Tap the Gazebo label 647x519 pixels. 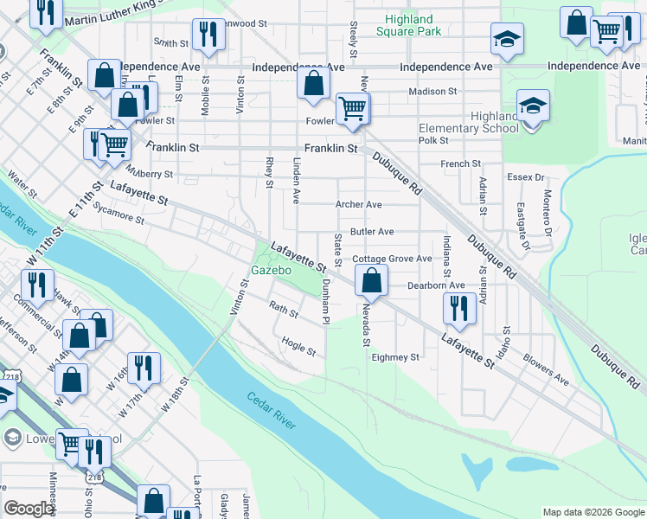[x=269, y=270]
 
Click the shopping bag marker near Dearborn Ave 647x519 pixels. [x=371, y=280]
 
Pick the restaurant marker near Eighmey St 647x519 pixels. [x=458, y=309]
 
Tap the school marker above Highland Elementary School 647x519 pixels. [x=533, y=107]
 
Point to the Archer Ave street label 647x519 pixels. [x=359, y=205]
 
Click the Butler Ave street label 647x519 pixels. [x=372, y=232]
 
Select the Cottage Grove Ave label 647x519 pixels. [x=391, y=259]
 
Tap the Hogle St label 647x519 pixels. [x=298, y=346]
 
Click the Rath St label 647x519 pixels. [x=283, y=307]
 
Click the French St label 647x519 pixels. [x=460, y=163]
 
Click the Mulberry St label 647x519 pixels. [x=149, y=174]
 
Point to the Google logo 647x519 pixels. [x=29, y=509]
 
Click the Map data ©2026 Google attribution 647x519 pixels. [x=593, y=512]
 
